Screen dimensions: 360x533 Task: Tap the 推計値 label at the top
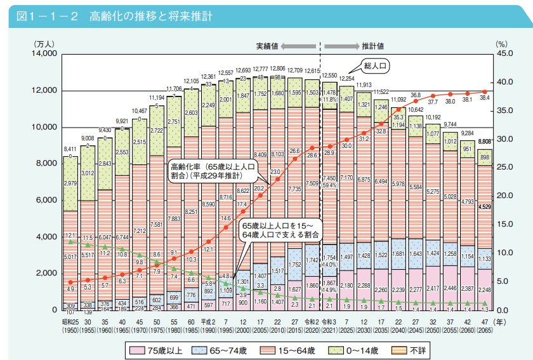coord(373,46)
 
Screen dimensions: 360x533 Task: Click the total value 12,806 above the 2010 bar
coord(277,68)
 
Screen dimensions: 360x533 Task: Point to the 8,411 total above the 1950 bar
coord(71,150)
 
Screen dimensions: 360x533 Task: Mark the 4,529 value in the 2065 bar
coord(485,207)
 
